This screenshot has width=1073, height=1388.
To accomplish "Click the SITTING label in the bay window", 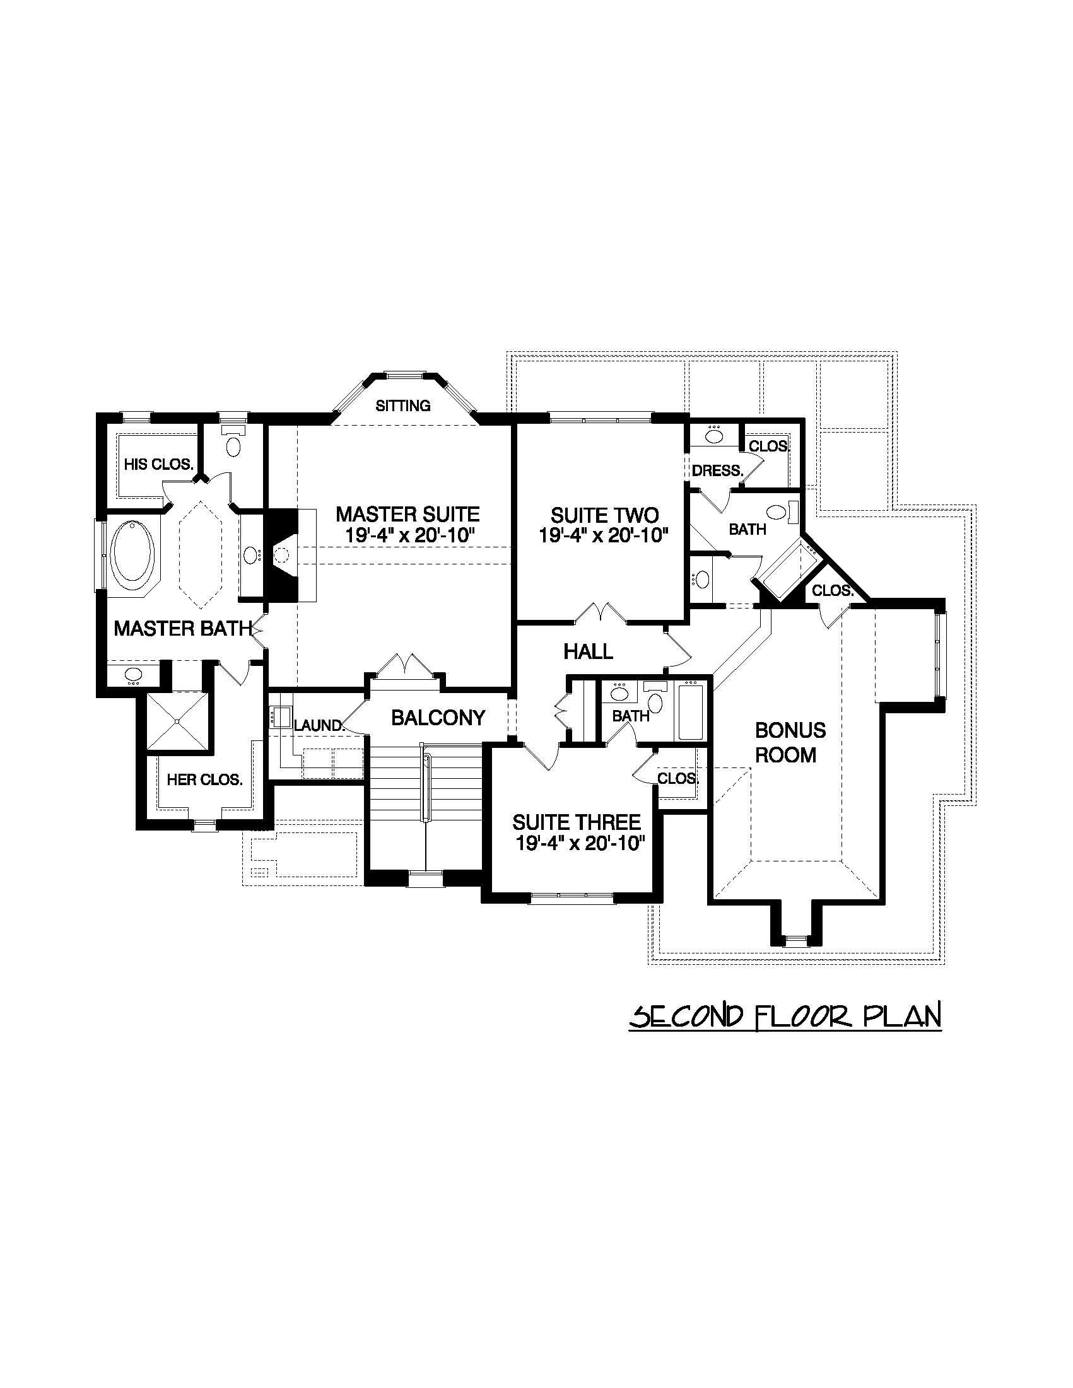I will (x=403, y=405).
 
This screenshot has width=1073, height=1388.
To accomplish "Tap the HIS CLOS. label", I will (x=158, y=465).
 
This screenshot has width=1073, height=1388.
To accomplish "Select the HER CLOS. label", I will (x=204, y=780).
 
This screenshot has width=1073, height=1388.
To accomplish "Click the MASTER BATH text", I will (x=182, y=629).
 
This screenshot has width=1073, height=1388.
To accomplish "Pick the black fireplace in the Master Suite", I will (x=281, y=554).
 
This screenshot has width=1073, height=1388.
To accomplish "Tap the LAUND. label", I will (x=318, y=725).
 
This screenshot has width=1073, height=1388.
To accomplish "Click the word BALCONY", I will (x=438, y=718).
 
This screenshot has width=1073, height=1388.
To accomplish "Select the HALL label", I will (x=588, y=651).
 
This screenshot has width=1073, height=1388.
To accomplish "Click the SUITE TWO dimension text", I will (x=604, y=535).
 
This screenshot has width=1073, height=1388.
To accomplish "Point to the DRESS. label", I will (x=718, y=471).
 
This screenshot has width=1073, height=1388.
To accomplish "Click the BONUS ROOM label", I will (x=790, y=742).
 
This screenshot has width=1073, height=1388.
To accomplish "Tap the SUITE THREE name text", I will (x=577, y=822).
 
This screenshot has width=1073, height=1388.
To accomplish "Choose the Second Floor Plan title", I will (x=785, y=1015).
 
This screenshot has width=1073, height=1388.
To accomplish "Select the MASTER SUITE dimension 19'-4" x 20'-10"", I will (x=411, y=535).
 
